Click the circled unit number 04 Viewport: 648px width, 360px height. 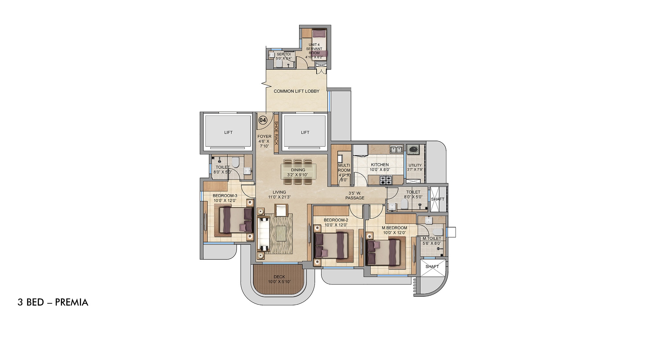point(262,120)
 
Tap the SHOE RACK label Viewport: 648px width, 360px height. point(276,133)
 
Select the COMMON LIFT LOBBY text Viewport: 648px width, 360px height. point(296,91)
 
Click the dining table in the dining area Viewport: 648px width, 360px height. point(298,172)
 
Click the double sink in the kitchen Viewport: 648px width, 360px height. point(396,149)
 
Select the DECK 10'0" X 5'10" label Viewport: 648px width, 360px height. point(279,279)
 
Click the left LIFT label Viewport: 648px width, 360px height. point(228,132)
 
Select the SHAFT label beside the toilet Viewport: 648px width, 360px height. point(437,199)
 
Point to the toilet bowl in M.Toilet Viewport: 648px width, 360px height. point(437,232)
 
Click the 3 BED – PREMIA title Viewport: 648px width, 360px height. point(53,302)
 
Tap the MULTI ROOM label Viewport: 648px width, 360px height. point(344,168)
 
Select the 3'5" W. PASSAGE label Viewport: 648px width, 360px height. point(354,196)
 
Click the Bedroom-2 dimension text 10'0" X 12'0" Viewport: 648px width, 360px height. point(336,225)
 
